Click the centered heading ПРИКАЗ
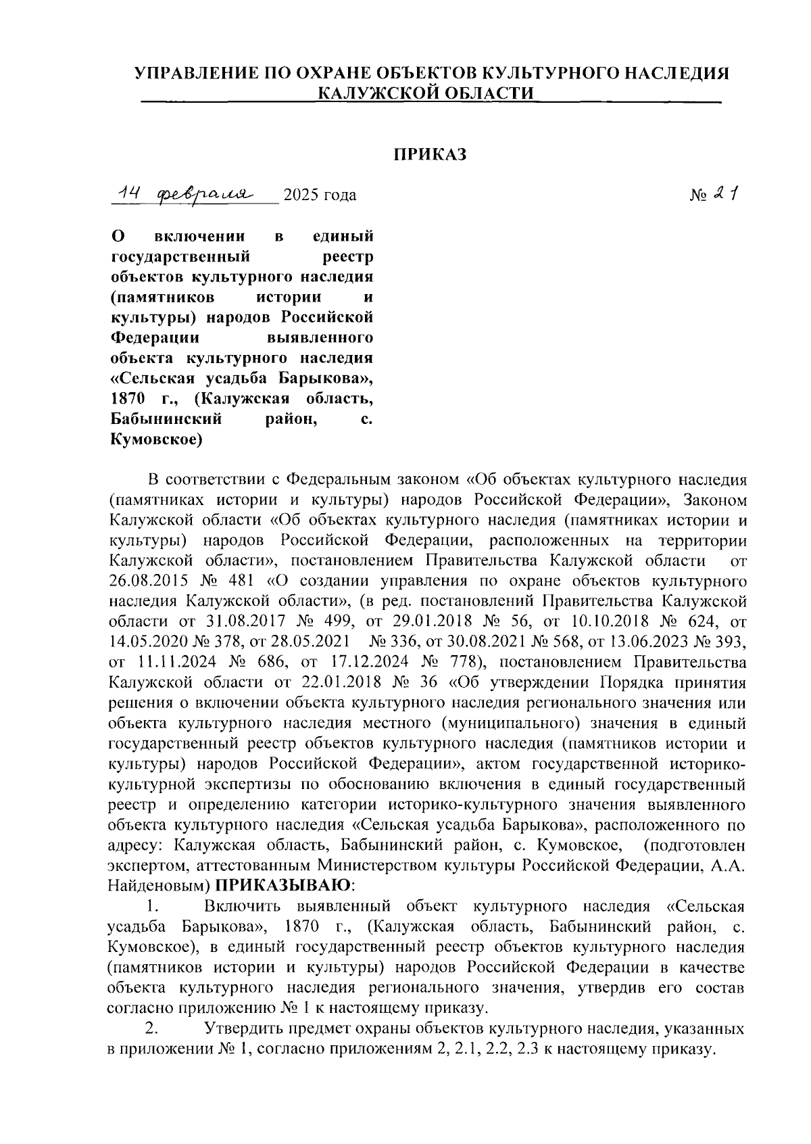click(431, 155)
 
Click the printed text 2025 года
click(320, 196)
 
